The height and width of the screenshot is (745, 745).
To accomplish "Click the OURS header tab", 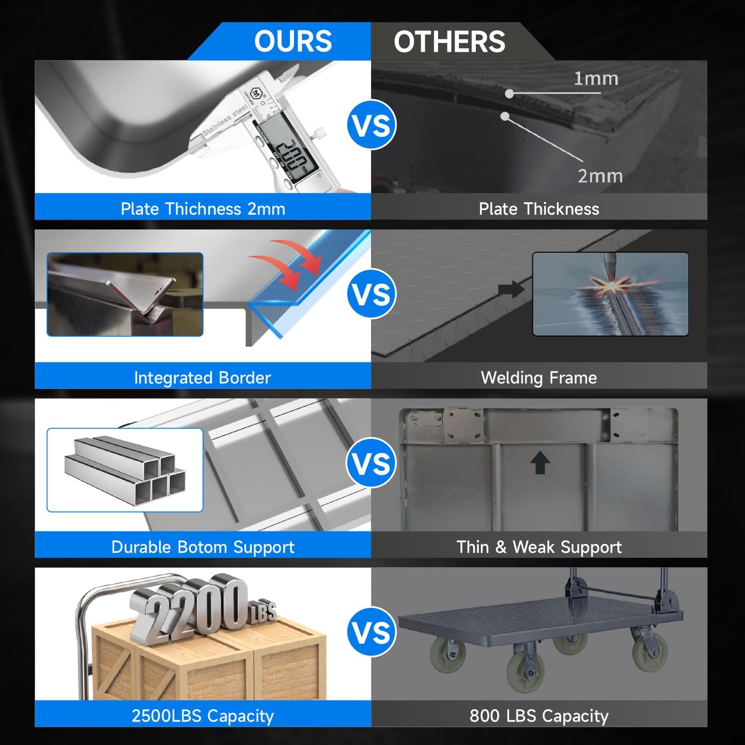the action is [x=293, y=41].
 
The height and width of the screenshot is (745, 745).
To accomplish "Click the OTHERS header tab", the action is [x=449, y=41].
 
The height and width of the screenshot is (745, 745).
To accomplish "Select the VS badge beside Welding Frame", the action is [x=372, y=294].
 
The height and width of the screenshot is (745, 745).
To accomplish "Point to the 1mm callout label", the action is [x=596, y=78].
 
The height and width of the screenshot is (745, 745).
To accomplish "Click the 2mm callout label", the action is [x=600, y=176].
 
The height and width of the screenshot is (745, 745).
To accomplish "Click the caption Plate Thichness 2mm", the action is [x=203, y=209].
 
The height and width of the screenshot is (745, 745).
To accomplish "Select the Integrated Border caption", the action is [x=203, y=378].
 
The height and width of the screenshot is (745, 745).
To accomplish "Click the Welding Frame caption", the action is [x=539, y=378].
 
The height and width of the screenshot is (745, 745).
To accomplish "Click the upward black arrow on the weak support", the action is [x=540, y=462].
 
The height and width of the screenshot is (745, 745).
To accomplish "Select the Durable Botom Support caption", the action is [x=203, y=547].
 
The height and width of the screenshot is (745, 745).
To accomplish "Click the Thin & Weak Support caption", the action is [x=539, y=547].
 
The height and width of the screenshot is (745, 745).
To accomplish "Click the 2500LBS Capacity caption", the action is [x=203, y=716].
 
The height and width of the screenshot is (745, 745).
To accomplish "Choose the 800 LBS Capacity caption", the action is [x=539, y=716].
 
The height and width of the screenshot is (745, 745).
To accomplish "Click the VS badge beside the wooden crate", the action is [x=372, y=632].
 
